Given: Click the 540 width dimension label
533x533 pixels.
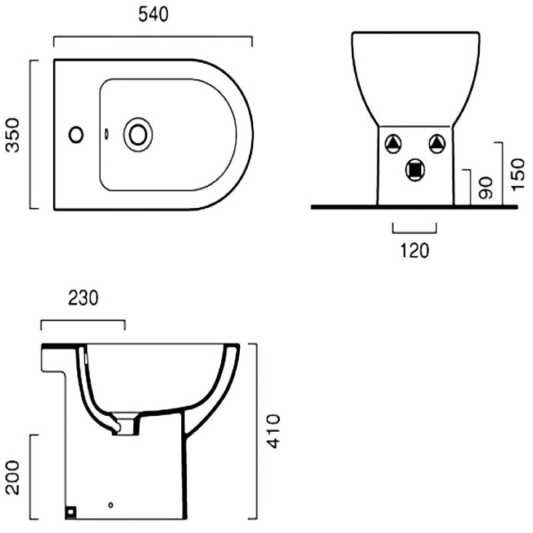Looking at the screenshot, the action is coord(153,15).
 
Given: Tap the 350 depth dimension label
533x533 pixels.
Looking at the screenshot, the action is coord(13,135).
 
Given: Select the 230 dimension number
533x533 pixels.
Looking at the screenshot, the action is coord(83,298).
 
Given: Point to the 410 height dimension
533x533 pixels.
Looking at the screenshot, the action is coord(273,431).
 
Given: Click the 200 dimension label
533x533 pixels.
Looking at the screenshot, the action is coord(13,478).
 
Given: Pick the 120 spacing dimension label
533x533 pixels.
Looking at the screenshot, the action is coord(414,251).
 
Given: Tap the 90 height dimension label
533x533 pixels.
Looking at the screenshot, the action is coord(486,188).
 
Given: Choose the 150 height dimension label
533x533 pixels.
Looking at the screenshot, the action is coord(518,175).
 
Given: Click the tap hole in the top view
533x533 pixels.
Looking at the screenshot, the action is coord(76,135).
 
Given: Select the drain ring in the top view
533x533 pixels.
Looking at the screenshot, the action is coord(138,135).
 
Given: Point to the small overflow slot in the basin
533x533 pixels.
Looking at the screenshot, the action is coord(107,134).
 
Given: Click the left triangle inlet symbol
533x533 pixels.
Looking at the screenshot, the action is coord(393,144).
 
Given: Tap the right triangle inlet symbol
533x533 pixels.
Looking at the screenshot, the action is coord(437,144).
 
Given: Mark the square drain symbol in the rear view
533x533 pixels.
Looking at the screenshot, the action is coord(415,170).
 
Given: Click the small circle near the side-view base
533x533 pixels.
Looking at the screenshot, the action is coord(111,505).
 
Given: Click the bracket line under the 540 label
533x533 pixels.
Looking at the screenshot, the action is coord(153,36).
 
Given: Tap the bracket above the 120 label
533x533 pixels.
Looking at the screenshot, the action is coord(414,233).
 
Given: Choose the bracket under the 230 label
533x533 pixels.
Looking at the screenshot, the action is coord(83,320).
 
